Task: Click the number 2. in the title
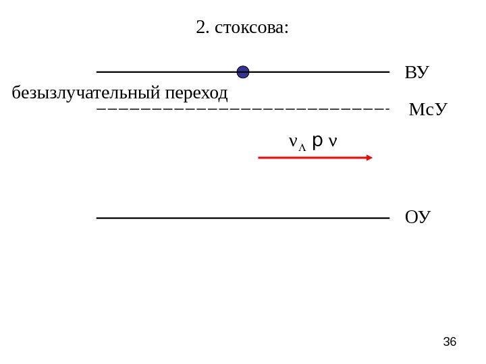pos(202,28)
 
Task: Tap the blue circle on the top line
pos(243,71)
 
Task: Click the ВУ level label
pos(417,72)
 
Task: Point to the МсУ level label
pos(429,109)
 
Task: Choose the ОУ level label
pos(417,217)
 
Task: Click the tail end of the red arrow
pos(261,158)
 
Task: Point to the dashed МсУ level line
pos(243,108)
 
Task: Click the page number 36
pos(450,342)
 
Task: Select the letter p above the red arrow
pos(317,142)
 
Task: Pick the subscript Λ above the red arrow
pos(302,144)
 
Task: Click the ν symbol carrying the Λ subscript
pos(292,142)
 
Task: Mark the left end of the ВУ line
pos(99,71)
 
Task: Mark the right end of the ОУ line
pos(389,218)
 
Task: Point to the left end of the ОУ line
pos(99,218)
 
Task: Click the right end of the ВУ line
pos(389,71)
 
